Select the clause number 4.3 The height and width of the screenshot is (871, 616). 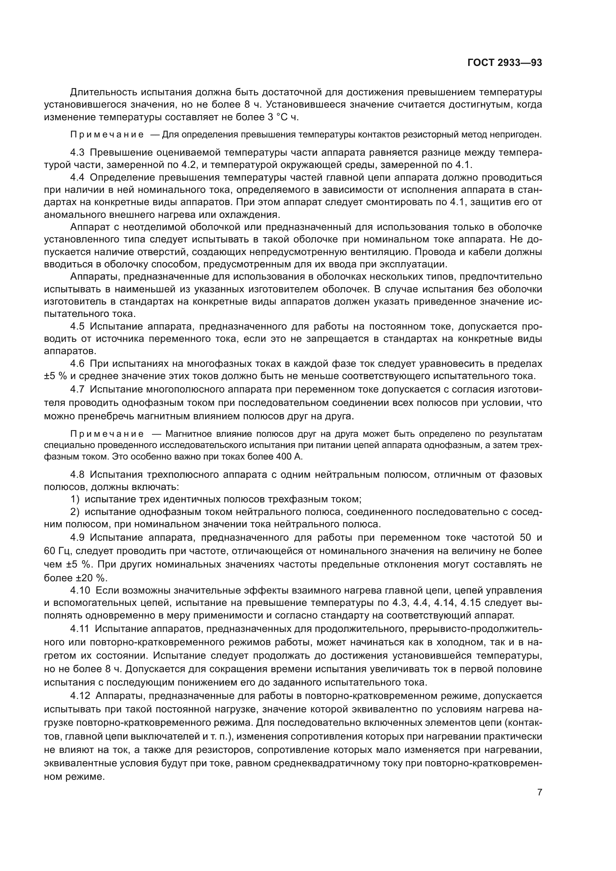click(78, 153)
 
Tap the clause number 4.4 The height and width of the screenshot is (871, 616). click(78, 178)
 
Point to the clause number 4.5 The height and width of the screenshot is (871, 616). click(78, 327)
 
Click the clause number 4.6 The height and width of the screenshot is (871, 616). click(78, 364)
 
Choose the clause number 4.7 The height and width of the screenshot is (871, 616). click(78, 389)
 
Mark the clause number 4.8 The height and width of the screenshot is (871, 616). click(78, 475)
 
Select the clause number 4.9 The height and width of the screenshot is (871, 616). click(78, 538)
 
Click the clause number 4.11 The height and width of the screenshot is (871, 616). click(80, 629)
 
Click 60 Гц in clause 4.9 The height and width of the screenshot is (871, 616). click(57, 551)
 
